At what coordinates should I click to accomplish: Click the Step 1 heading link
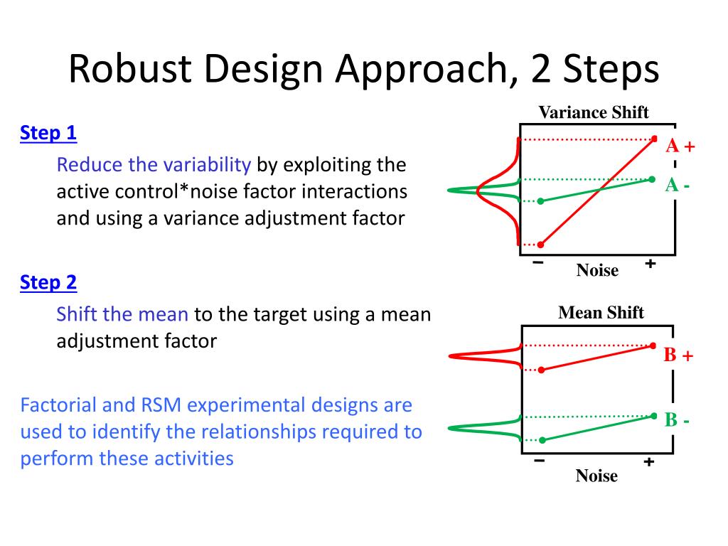point(48,133)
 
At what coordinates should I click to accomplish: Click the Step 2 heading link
point(48,283)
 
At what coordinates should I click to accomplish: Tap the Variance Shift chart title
point(594,112)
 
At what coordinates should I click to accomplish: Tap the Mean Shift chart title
point(601,313)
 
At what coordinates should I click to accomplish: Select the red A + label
point(680,146)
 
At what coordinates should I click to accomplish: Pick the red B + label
point(678,355)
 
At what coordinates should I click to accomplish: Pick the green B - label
point(677,419)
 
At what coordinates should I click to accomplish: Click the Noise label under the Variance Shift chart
point(597,270)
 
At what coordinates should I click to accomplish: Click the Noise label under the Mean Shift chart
point(596,476)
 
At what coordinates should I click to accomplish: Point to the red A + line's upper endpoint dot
point(654,139)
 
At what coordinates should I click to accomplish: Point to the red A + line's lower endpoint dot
point(540,245)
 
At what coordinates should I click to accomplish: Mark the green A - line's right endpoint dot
point(653,179)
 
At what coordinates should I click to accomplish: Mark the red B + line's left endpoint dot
point(541,370)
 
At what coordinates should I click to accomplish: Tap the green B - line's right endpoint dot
point(654,416)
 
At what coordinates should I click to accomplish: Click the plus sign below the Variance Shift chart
point(651,264)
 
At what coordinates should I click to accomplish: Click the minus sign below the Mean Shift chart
point(539,461)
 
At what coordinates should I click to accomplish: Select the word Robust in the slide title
point(130,69)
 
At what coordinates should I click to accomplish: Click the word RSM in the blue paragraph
point(161,405)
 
